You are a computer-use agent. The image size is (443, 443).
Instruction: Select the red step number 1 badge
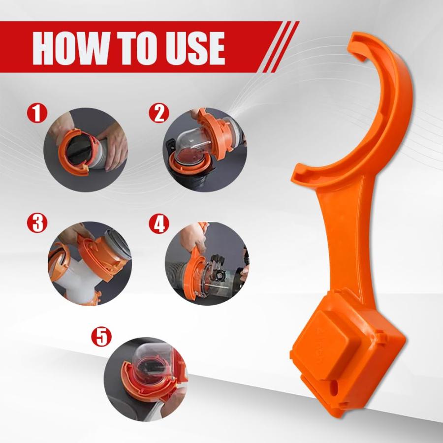(x=37, y=113)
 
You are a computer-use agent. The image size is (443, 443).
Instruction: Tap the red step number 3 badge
(x=37, y=224)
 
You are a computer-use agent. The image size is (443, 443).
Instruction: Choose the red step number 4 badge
(x=158, y=224)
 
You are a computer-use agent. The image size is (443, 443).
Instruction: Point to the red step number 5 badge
(x=101, y=337)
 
